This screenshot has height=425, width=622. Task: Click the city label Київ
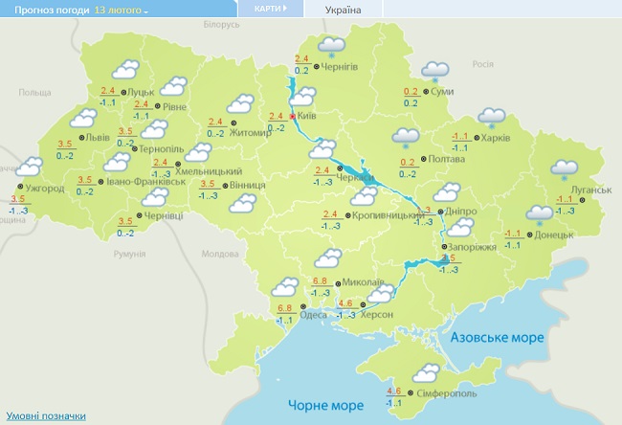click(308, 115)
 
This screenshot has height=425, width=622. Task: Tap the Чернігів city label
click(340, 67)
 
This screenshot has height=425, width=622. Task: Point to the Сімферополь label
click(447, 394)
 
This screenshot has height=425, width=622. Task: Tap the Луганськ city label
click(589, 190)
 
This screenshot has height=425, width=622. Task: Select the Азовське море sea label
click(497, 338)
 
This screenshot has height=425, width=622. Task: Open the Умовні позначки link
click(46, 416)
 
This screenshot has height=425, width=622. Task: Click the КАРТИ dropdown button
click(270, 9)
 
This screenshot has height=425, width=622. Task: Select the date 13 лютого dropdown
click(122, 10)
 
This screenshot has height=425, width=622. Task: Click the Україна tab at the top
click(344, 10)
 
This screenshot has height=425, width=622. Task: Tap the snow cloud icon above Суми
click(435, 70)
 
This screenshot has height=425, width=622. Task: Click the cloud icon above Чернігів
click(331, 45)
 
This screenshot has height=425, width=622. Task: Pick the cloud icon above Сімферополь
click(425, 371)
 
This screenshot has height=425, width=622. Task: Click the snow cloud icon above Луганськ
click(564, 168)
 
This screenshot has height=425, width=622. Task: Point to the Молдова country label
click(219, 254)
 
